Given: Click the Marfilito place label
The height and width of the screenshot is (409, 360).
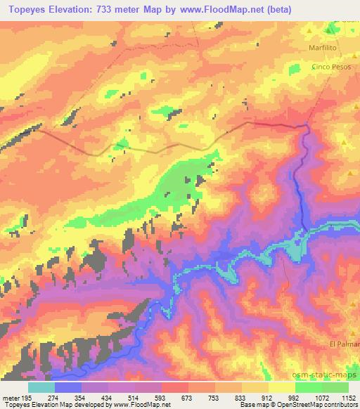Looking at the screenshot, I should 323,48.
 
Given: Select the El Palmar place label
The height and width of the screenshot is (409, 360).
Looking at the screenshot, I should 343,344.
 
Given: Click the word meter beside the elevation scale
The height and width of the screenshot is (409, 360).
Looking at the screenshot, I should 11,397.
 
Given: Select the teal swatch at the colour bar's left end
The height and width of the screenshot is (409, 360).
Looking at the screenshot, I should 41,387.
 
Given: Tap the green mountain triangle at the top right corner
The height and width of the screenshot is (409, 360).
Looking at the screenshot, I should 330,30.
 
